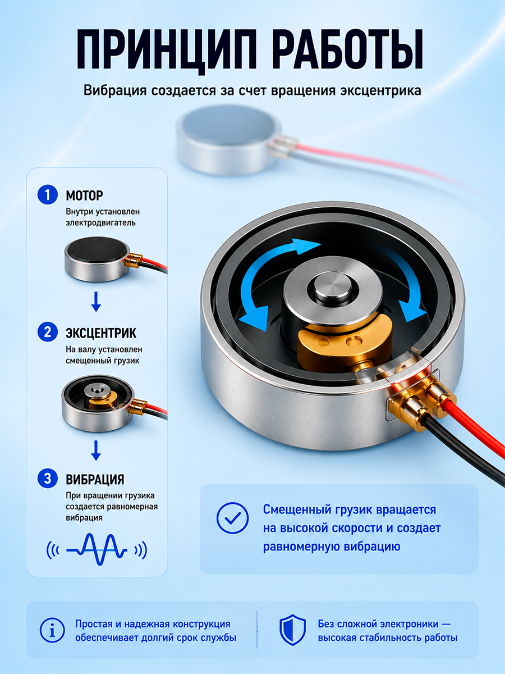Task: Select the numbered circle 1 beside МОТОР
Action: click(x=48, y=195)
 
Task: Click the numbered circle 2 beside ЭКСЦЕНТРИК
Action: click(x=48, y=333)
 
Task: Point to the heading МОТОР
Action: click(x=84, y=195)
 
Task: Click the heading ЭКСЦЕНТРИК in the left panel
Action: click(x=101, y=334)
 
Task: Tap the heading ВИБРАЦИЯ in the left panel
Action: click(x=95, y=479)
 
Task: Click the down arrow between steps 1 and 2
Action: click(x=97, y=302)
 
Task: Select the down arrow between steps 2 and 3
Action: click(x=97, y=450)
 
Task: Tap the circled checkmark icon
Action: click(x=233, y=518)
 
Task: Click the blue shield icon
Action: click(x=292, y=630)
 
